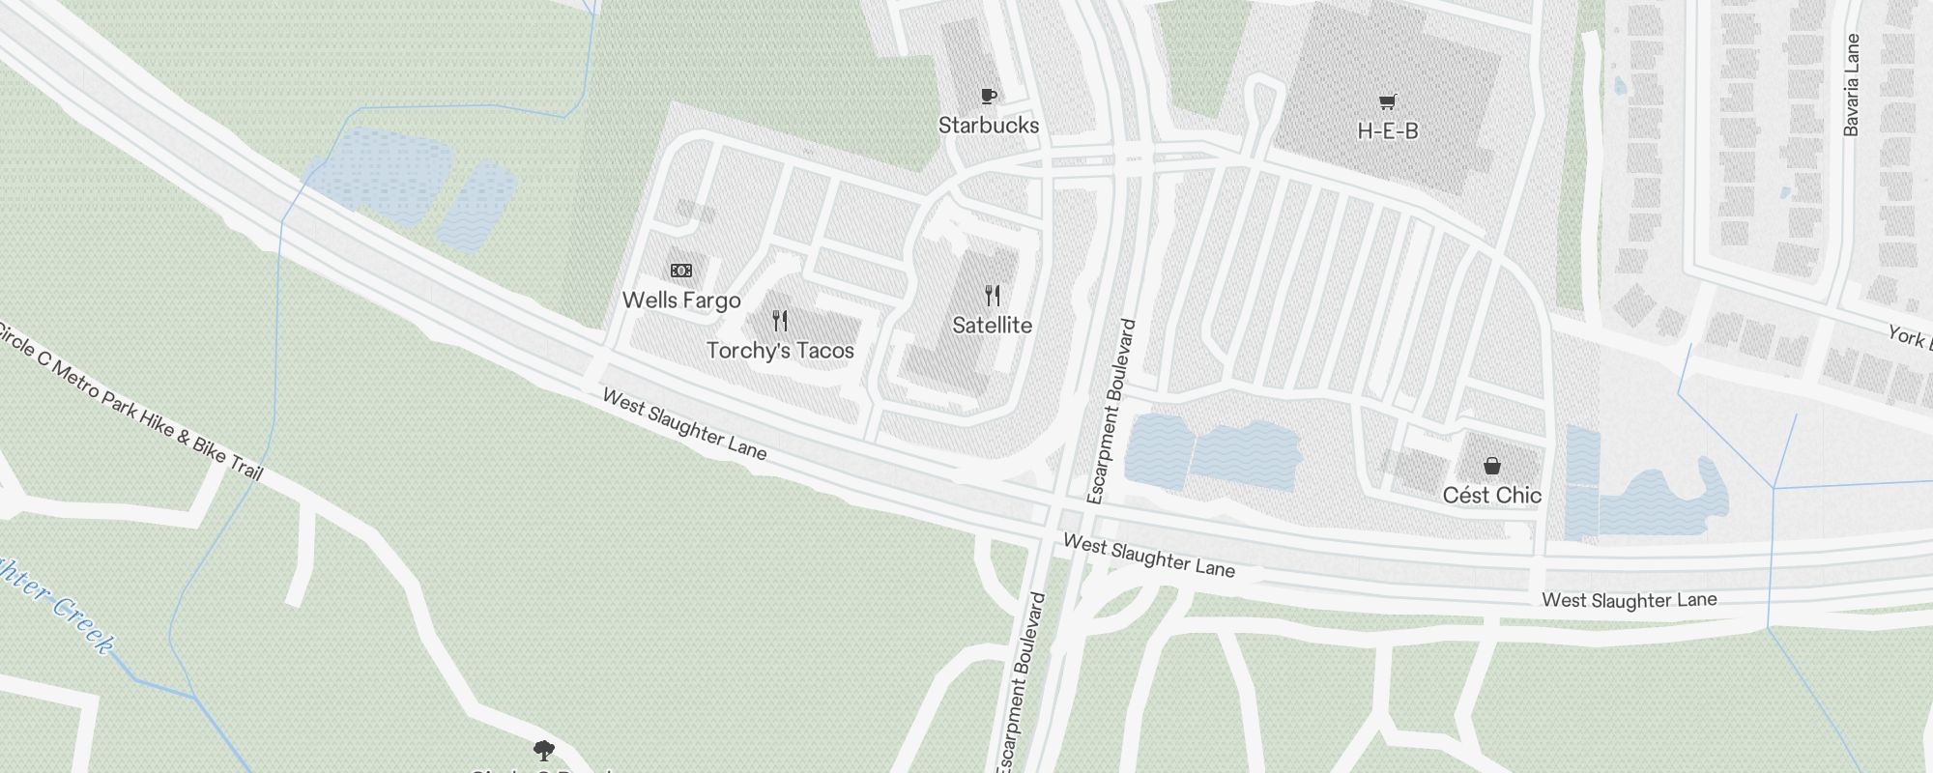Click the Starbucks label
tap(989, 126)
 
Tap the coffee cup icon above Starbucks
tap(988, 96)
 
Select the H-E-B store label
tap(1387, 131)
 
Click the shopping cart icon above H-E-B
tap(1388, 101)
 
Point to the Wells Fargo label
tap(681, 301)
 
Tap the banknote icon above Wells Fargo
tap(681, 271)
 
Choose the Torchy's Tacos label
tap(780, 351)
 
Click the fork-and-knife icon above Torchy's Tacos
tap(780, 321)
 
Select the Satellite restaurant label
tap(992, 326)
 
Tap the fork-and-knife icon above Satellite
tap(993, 296)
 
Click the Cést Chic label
tap(1491, 496)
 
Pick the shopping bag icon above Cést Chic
tap(1492, 467)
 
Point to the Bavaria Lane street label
tap(1851, 85)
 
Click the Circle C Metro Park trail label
tap(130, 402)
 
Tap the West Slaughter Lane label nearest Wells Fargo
tap(684, 425)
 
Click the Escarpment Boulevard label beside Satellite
tap(1111, 411)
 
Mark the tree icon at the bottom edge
tap(544, 750)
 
